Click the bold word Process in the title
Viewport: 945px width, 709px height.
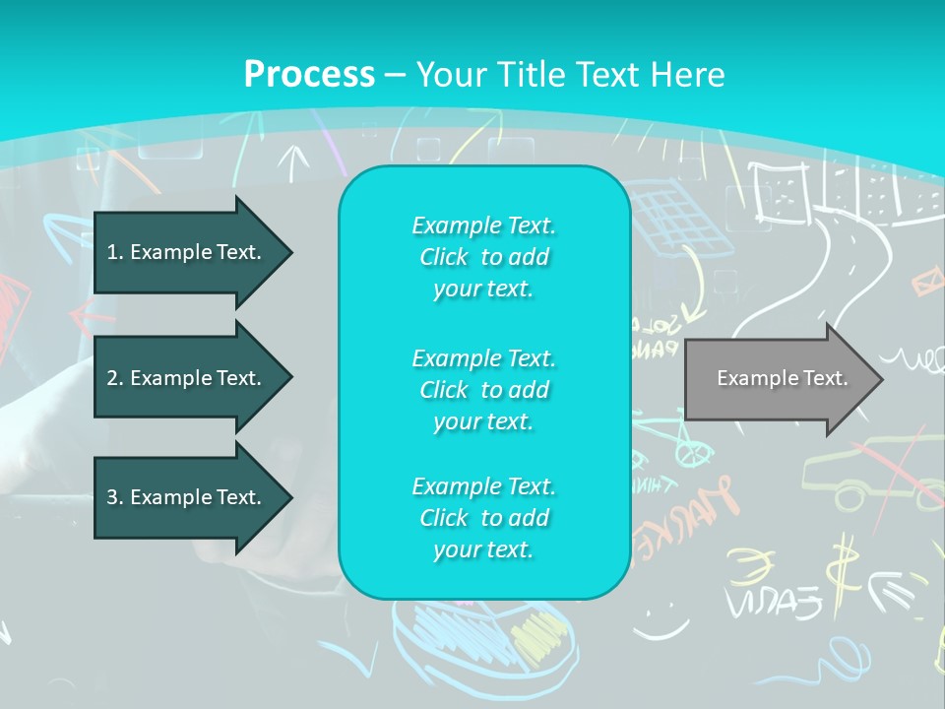pos(309,75)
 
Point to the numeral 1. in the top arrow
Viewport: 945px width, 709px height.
pos(115,252)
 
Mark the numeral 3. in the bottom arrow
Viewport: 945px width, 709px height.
pos(115,497)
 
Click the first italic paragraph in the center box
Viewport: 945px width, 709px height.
pos(483,257)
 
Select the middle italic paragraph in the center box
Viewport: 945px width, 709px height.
pos(483,390)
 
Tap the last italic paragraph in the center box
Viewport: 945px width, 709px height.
pos(483,518)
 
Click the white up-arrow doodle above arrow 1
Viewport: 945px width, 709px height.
pos(292,161)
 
